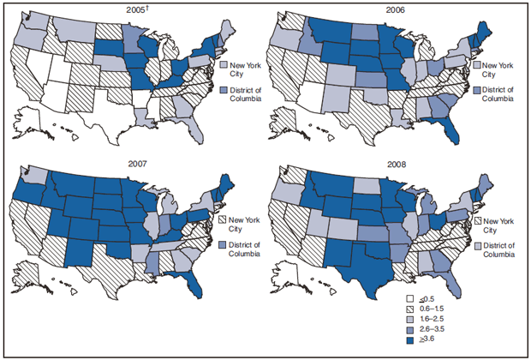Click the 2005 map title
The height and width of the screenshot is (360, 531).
[x=130, y=11]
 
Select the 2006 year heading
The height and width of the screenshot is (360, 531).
[x=393, y=11]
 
